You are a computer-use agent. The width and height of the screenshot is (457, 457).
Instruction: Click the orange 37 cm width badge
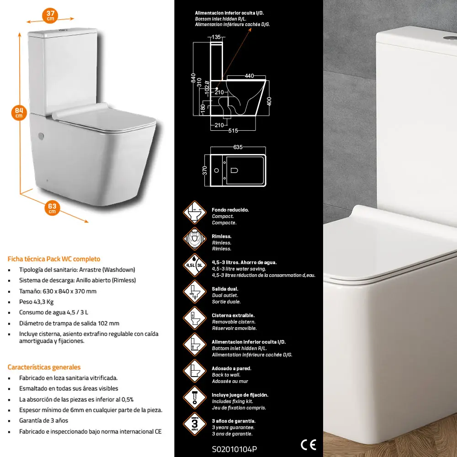(x=50, y=16)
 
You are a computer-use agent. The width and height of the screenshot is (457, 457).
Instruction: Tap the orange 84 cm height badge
(x=19, y=113)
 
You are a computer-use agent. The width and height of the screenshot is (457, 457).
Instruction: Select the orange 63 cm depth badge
(x=52, y=208)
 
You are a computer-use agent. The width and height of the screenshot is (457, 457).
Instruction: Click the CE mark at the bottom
(x=308, y=445)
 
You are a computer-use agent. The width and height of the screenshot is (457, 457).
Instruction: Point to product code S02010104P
(x=234, y=449)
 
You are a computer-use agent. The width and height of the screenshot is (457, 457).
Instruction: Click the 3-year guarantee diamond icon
(x=195, y=424)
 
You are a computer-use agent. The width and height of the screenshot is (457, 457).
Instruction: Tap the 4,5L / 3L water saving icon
(x=195, y=265)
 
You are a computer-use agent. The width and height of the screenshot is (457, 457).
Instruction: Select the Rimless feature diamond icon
(x=195, y=239)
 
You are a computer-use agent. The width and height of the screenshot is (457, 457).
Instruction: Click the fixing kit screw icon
(x=195, y=398)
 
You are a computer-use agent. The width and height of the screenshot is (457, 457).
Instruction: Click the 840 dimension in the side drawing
(x=193, y=78)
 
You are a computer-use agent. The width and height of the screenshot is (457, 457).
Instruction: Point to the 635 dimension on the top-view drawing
(x=238, y=147)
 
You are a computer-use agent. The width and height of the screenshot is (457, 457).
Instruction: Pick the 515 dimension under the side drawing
(x=233, y=131)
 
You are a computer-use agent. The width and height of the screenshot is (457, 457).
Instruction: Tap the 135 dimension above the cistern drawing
(x=216, y=37)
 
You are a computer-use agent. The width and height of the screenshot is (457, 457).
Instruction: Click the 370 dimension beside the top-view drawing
(x=205, y=170)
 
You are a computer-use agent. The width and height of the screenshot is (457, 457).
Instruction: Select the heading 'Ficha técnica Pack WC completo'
(x=54, y=259)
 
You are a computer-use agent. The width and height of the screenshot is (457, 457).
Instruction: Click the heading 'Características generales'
(x=44, y=367)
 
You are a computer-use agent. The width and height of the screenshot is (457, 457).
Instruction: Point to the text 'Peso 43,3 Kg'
(x=37, y=302)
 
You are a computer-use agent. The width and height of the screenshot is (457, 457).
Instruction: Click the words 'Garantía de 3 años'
(x=44, y=420)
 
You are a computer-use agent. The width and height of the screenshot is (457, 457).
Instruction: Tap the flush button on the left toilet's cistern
(x=62, y=30)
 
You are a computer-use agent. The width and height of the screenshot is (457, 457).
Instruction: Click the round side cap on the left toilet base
(x=41, y=136)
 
